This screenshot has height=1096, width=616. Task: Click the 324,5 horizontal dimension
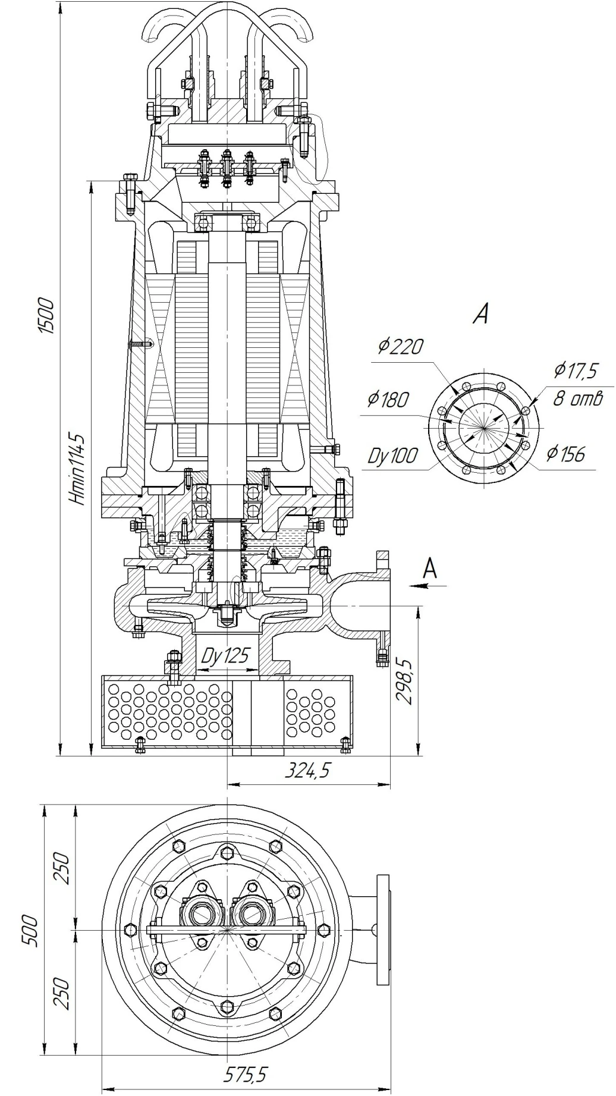307,771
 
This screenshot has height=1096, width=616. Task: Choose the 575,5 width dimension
246,1074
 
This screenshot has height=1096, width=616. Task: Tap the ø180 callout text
388,399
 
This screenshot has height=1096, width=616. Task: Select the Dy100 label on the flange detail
392,456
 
